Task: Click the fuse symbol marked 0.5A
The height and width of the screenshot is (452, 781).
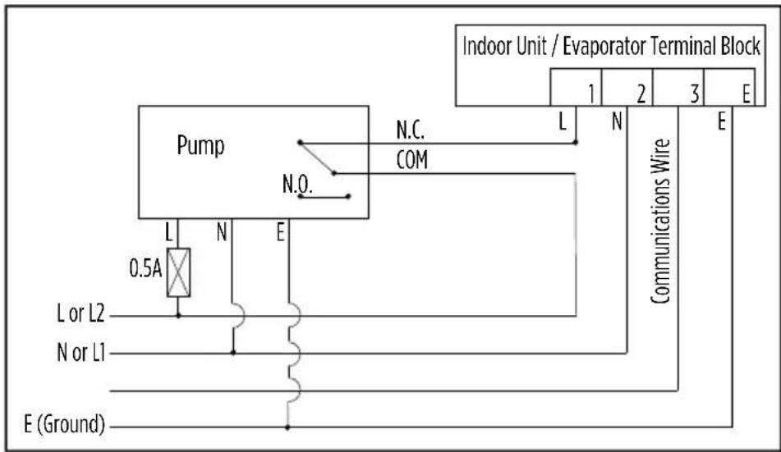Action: pos(178,272)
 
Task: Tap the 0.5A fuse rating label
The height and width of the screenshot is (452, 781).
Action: pos(145,269)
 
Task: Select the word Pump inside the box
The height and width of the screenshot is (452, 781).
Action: pos(200,146)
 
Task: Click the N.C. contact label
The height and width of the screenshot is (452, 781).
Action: pos(411,130)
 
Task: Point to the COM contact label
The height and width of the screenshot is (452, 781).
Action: pos(412,160)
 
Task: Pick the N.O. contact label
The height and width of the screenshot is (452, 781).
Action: pos(297,185)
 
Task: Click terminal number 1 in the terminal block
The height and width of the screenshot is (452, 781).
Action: pos(591,94)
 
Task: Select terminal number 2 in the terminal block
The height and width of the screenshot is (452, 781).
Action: pos(641,94)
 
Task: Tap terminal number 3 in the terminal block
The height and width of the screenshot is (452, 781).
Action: pos(694,94)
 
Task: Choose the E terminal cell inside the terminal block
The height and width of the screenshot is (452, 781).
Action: pos(730,87)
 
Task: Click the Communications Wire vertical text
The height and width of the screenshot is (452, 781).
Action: pos(660,221)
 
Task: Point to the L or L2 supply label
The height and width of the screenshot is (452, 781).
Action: pos(80,313)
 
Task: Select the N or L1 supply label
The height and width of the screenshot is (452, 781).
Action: pos(81,353)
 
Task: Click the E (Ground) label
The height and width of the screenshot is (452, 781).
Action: pos(65,424)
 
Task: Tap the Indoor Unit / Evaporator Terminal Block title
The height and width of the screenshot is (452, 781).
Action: pos(611,46)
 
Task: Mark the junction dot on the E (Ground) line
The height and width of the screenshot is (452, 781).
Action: pos(287,427)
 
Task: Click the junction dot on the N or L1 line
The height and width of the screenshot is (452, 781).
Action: pos(232,353)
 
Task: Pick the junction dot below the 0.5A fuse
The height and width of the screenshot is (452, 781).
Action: pos(178,316)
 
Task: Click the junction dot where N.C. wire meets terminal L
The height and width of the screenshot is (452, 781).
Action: pos(576,143)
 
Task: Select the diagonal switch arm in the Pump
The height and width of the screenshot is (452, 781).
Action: pos(317,158)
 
